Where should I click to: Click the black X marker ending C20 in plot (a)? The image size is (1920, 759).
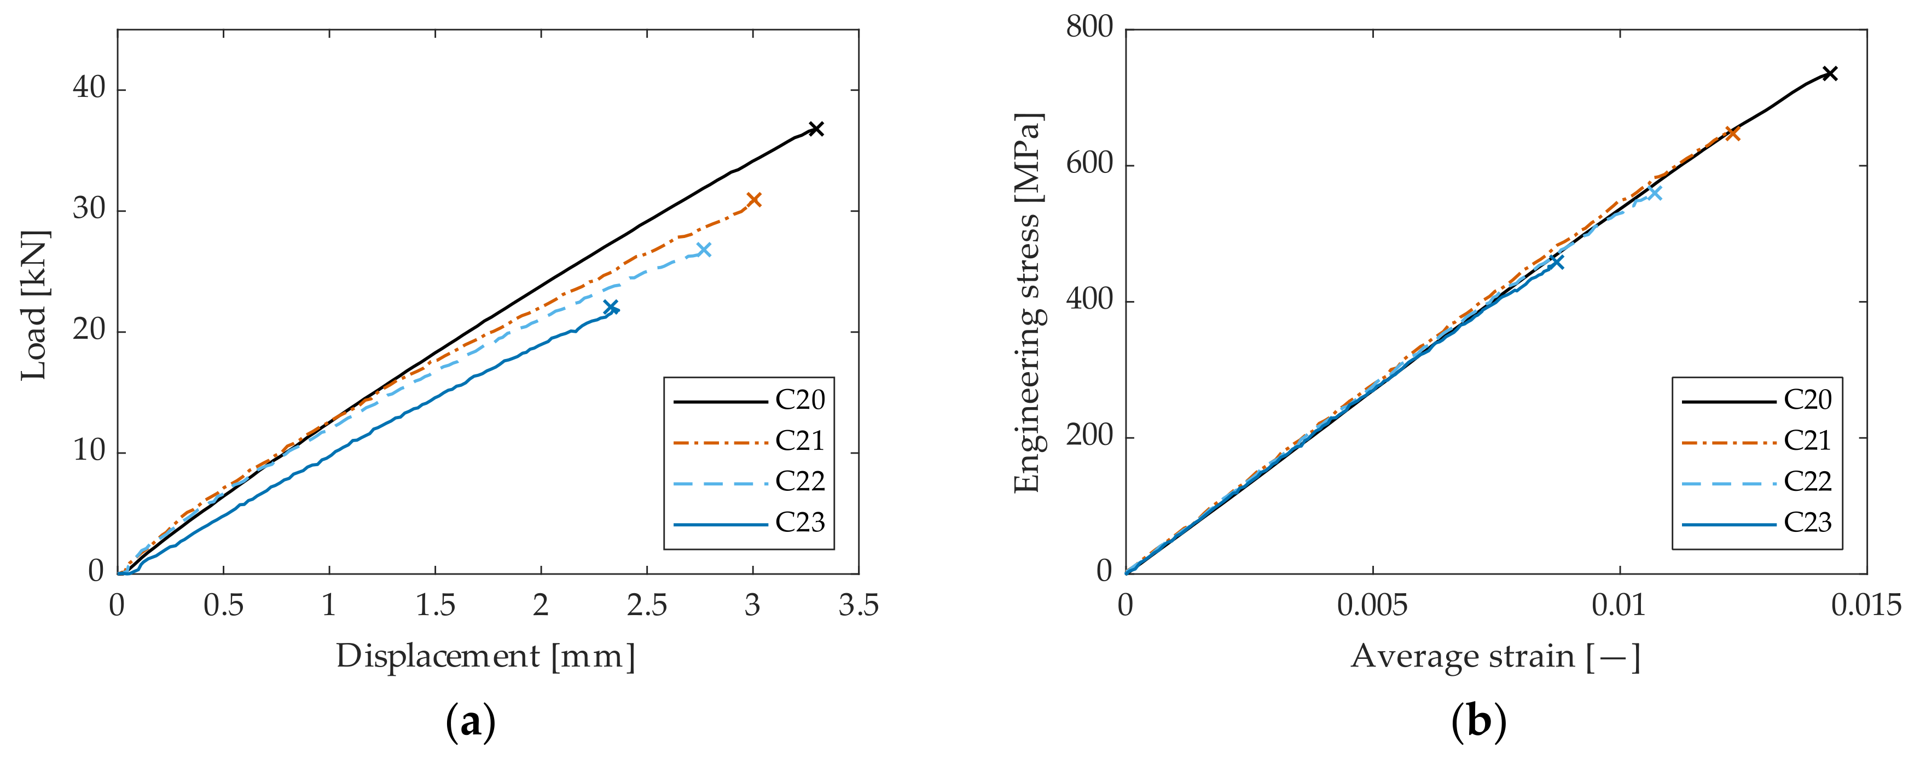(816, 129)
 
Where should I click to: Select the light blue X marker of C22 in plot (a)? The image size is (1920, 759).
(704, 249)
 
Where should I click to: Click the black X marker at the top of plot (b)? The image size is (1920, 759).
(1830, 73)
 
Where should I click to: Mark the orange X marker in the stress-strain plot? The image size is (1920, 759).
(1733, 134)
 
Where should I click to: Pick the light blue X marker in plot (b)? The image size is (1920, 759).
(1655, 193)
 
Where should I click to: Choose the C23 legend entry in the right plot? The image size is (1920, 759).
(1807, 523)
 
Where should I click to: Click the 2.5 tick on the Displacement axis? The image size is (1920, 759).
(646, 605)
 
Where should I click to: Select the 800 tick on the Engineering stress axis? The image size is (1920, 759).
(1089, 27)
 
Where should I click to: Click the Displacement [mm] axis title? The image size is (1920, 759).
(486, 657)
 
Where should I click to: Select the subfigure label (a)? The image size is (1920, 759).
(471, 722)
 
